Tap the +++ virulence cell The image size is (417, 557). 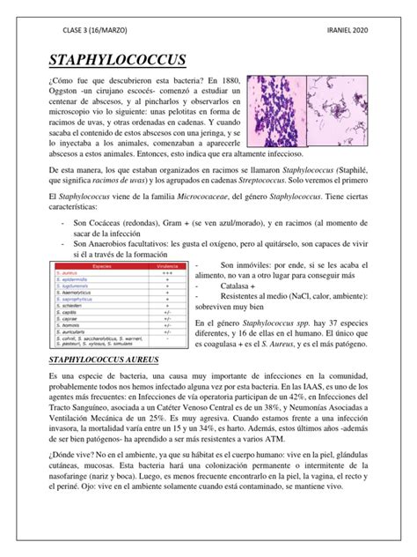pos(165,272)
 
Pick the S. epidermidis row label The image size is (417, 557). pos(78,279)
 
